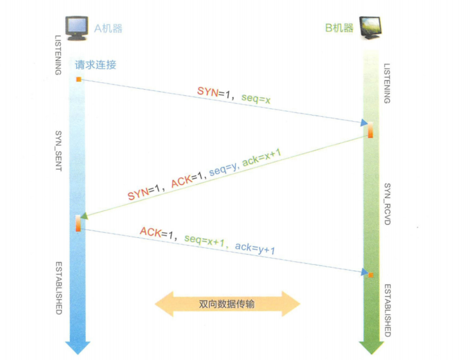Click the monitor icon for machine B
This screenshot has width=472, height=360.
pos(371,28)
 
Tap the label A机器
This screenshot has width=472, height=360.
pos(108,28)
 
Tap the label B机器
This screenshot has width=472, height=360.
pos(339,28)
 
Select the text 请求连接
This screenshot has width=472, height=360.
pos(95,65)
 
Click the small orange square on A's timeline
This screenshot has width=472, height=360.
pos(78,79)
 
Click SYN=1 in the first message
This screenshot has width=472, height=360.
pos(214,91)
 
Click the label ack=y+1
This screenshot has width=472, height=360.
pos(255,248)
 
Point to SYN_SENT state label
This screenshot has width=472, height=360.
pos(59,151)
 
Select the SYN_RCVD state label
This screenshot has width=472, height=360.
pos(386,204)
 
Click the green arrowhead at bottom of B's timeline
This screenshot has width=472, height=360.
pos(371,347)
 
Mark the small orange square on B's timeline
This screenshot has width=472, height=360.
pos(371,274)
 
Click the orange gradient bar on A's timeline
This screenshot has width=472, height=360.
pos(78,223)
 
